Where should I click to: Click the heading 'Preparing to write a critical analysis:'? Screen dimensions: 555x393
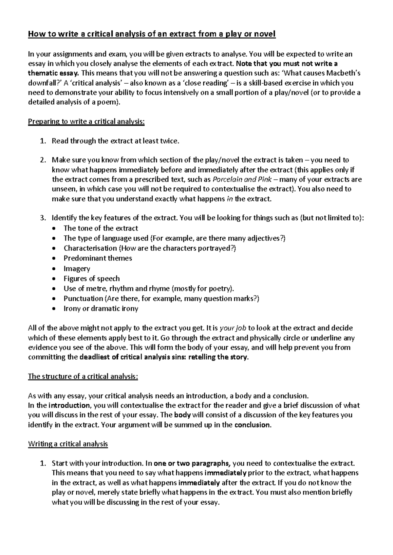(86, 122)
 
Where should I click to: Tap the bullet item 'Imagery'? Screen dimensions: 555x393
(77, 269)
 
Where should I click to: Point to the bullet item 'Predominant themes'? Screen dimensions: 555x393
(98, 258)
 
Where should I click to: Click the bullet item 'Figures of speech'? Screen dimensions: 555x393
(91, 278)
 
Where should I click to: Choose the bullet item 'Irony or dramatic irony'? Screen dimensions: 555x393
(101, 309)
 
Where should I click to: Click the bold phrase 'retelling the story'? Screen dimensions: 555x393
(218, 357)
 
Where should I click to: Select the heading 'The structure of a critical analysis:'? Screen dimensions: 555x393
(83, 376)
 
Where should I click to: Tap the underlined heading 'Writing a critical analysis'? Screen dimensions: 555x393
(68, 444)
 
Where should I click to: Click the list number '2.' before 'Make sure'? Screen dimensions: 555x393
(43, 160)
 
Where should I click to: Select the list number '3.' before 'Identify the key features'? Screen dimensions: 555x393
(43, 218)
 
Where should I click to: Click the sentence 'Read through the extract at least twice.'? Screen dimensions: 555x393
(116, 141)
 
